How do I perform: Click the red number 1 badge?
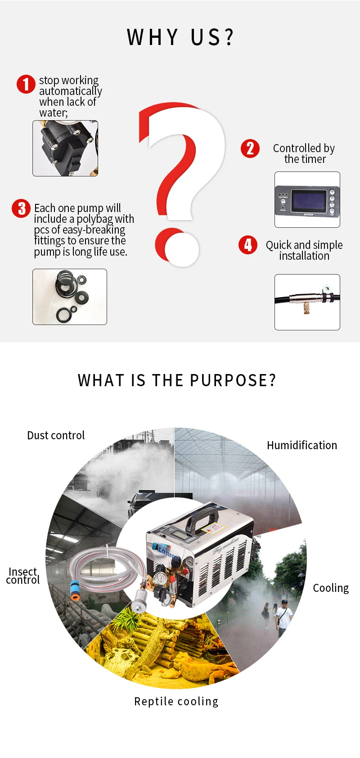[x=26, y=84]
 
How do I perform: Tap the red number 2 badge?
[x=250, y=149]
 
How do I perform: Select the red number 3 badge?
[x=21, y=208]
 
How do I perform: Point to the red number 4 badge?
[x=248, y=245]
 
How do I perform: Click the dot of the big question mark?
[x=177, y=247]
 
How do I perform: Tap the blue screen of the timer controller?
[x=309, y=200]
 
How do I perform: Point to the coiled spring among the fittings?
[x=65, y=280]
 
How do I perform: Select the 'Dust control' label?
[x=56, y=436]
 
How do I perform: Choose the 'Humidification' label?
[x=302, y=445]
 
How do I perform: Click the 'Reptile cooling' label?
[x=176, y=701]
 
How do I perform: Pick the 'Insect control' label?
[x=22, y=576]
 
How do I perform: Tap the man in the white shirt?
[x=284, y=617]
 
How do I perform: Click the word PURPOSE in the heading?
[x=233, y=380]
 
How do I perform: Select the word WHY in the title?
[x=152, y=37]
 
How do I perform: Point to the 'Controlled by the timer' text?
[x=304, y=153]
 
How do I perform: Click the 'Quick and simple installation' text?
[x=304, y=250]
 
